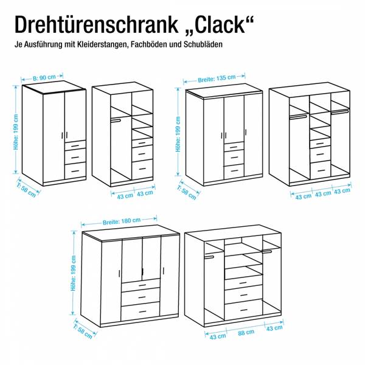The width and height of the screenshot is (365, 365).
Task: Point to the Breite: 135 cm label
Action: pyautogui.click(x=217, y=78)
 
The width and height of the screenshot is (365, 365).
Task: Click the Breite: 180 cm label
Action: pyautogui.click(x=122, y=221)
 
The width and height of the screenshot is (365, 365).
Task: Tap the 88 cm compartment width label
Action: pyautogui.click(x=246, y=332)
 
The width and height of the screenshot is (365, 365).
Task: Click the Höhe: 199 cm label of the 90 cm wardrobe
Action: pyautogui.click(x=16, y=132)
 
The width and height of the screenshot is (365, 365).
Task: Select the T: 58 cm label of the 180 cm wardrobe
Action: pyautogui.click(x=83, y=332)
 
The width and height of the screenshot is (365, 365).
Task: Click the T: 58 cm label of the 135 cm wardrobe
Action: pyautogui.click(x=187, y=192)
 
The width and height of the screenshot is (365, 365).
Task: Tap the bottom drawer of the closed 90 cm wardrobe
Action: pyautogui.click(x=75, y=171)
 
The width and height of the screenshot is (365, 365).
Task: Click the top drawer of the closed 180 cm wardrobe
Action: pyautogui.click(x=141, y=285)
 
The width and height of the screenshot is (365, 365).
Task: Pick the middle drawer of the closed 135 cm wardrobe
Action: pyautogui.click(x=234, y=158)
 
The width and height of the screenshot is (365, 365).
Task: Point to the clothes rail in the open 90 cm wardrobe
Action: pyautogui.click(x=116, y=120)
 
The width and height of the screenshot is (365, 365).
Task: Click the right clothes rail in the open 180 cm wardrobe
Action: pyautogui.click(x=267, y=251)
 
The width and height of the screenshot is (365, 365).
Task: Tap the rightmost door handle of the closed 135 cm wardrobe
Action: pyautogui.click(x=246, y=132)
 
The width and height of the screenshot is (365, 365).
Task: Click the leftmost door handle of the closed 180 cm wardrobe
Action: pyautogui.click(x=119, y=274)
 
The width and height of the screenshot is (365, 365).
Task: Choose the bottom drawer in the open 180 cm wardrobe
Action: pyautogui.click(x=243, y=310)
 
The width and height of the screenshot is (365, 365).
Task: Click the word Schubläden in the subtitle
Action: pyautogui.click(x=203, y=44)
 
